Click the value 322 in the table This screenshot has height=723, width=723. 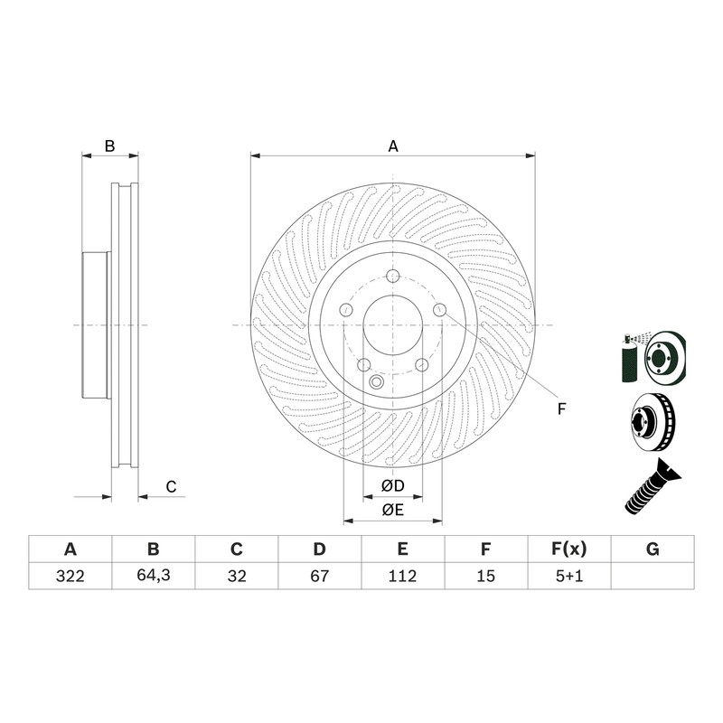coord(70,576)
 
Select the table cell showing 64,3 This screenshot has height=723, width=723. coord(154,576)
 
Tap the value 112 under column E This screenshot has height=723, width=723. coord(402,576)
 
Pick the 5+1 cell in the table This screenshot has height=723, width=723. coord(569,576)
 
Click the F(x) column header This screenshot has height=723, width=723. coord(569,549)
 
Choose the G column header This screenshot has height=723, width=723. coord(653,549)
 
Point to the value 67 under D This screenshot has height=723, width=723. coord(320,576)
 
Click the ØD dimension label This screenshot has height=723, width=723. coord(393,485)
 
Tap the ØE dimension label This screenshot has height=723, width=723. coord(393,510)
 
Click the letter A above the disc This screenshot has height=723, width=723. coord(393,146)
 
